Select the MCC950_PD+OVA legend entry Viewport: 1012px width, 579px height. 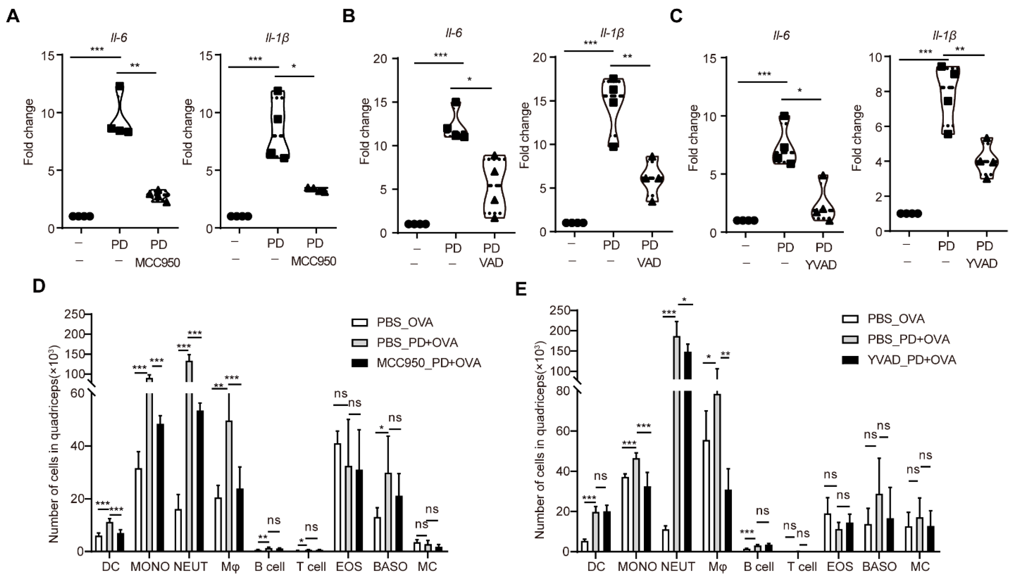pos(429,363)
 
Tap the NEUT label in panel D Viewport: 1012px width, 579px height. pos(191,566)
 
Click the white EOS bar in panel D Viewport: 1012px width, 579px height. pos(337,497)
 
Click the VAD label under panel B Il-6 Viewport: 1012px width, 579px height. pos(492,263)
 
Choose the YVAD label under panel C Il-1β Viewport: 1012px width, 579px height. pos(982,264)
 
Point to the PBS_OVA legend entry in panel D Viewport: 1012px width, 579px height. pos(405,322)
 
